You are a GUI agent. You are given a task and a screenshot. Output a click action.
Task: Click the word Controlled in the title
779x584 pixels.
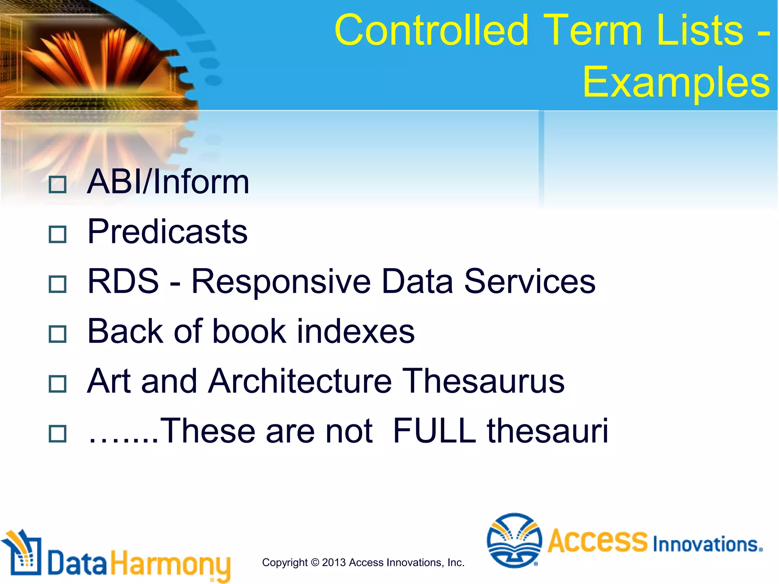pyautogui.click(x=432, y=30)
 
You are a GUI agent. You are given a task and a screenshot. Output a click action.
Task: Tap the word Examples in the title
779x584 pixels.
pyautogui.click(x=676, y=82)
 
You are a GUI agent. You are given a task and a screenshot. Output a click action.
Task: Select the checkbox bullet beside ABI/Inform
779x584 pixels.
pyautogui.click(x=58, y=184)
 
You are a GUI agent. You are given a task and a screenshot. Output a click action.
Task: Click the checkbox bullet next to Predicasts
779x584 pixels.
pyautogui.click(x=58, y=234)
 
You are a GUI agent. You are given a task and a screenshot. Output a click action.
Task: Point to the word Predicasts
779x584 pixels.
pyautogui.click(x=167, y=232)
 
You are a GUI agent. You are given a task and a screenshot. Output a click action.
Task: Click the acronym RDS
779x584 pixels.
pyautogui.click(x=123, y=281)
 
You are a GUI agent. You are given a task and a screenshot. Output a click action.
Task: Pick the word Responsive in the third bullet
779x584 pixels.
pyautogui.click(x=281, y=282)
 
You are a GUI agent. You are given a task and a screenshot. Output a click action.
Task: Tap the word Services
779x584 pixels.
pyautogui.click(x=529, y=281)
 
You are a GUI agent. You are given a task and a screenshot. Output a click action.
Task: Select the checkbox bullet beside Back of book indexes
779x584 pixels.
pyautogui.click(x=58, y=334)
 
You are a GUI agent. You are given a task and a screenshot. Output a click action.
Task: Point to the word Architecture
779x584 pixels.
pyautogui.click(x=300, y=381)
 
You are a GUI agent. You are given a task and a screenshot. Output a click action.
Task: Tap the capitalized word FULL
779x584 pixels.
pyautogui.click(x=434, y=431)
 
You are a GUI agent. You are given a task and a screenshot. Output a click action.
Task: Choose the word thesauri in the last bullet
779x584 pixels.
pyautogui.click(x=548, y=431)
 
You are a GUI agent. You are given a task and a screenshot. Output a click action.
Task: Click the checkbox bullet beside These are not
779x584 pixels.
pyautogui.click(x=58, y=433)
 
